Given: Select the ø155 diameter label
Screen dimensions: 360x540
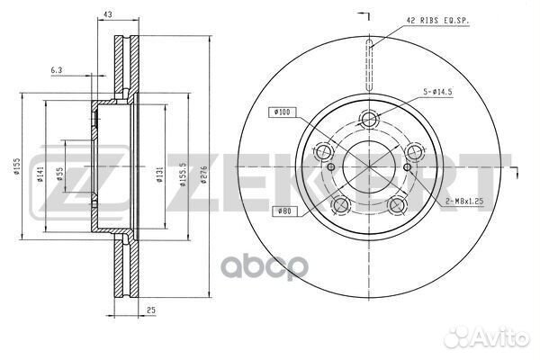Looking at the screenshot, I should click(16, 167).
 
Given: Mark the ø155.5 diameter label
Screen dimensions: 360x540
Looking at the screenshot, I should click(184, 167).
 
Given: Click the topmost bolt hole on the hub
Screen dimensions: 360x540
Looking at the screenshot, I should click(368, 119).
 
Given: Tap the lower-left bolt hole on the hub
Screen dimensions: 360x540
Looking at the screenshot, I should click(340, 206).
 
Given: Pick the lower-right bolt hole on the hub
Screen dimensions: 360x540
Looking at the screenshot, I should click(397, 206).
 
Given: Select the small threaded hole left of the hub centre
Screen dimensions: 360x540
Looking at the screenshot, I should click(329, 167).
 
